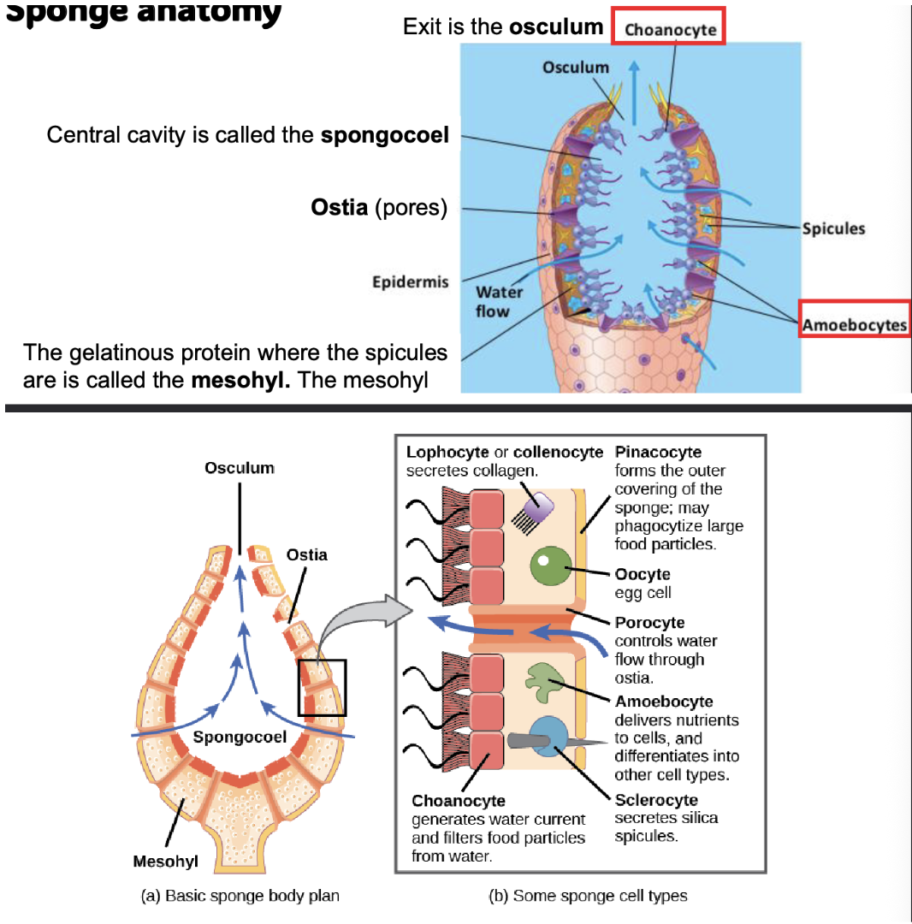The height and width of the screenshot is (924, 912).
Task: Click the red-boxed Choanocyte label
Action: coord(670,30)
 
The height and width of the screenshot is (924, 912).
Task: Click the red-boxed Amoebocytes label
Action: coord(854,324)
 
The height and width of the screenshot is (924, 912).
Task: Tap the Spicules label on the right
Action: coord(833,228)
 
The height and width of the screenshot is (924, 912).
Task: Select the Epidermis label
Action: coord(411,282)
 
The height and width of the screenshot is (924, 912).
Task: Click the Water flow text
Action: coord(500,301)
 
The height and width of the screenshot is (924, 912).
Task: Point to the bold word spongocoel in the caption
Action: coord(385,135)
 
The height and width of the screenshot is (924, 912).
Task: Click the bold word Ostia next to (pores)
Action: coord(340,209)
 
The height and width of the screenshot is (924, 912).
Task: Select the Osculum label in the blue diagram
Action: coord(575,67)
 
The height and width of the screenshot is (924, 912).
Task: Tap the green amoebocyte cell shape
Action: coord(544,682)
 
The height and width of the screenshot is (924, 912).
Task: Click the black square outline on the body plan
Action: coord(322,687)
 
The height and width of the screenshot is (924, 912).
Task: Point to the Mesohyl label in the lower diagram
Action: coord(166,860)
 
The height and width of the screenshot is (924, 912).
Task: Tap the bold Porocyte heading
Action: coord(649,622)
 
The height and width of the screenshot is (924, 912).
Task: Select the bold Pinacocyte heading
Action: coord(658,452)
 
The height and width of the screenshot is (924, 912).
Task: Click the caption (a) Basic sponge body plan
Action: coord(240,896)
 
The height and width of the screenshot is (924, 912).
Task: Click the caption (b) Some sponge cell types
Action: coord(587,896)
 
